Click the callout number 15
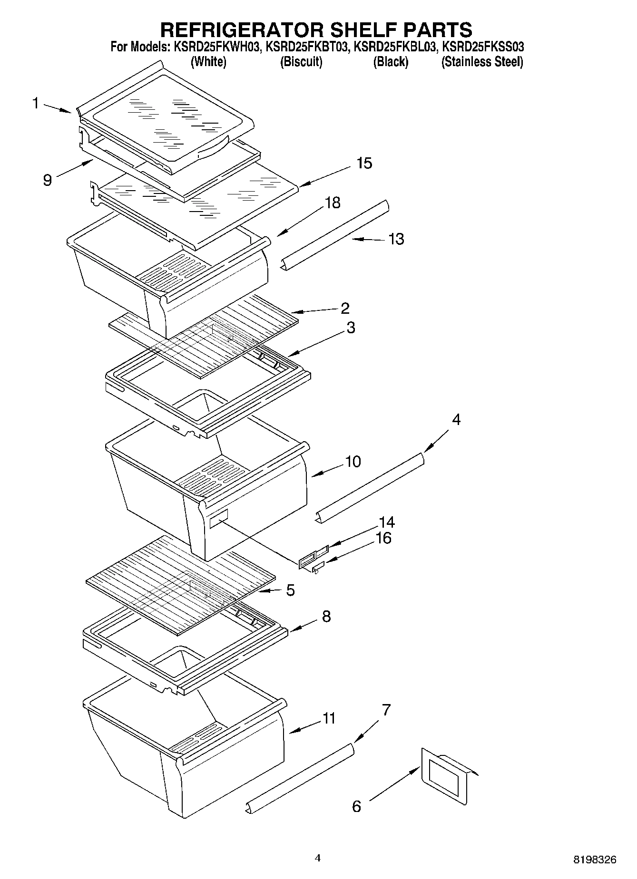(x=364, y=164)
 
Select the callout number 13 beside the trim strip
(x=396, y=239)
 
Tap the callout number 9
(x=47, y=180)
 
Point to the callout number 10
(x=353, y=461)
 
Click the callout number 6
(x=356, y=806)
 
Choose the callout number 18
(x=332, y=203)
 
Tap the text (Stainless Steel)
(x=482, y=62)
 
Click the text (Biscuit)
(x=301, y=62)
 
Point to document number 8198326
(x=594, y=860)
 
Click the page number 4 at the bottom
(x=318, y=858)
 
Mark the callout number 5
(x=290, y=590)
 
